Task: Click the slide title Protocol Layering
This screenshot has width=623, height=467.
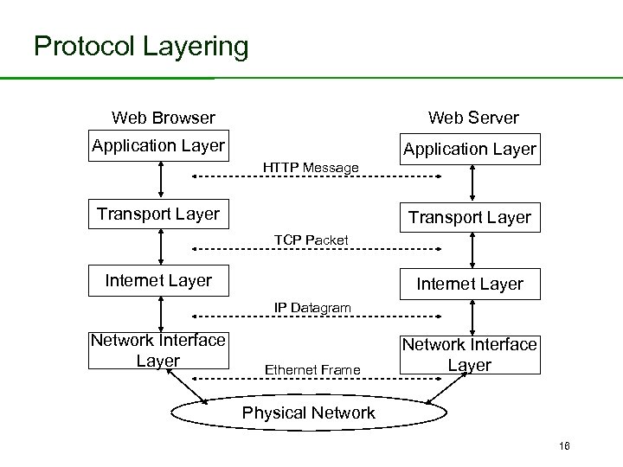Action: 141,46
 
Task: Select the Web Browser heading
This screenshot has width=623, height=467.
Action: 164,117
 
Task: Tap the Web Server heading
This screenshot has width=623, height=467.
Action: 473,117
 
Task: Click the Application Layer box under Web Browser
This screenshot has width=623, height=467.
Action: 158,145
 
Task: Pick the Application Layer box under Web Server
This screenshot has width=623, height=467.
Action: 470,150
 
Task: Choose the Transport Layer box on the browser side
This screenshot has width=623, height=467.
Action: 158,214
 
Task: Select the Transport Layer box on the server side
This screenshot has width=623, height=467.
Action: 470,218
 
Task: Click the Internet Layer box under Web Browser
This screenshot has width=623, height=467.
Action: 158,279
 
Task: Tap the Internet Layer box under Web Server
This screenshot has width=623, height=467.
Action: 470,284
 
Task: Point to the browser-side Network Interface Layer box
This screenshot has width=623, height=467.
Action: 158,350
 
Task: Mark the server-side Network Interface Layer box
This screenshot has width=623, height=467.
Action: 470,355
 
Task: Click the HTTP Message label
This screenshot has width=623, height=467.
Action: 311,167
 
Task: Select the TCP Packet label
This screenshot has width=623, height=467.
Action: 311,239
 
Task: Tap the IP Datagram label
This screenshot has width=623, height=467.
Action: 312,307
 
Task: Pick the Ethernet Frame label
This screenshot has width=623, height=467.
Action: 312,370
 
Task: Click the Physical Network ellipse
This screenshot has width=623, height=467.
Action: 309,413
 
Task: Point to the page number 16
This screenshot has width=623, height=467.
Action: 563,445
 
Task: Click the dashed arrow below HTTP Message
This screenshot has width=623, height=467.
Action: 316,176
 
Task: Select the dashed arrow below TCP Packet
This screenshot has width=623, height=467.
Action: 316,249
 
